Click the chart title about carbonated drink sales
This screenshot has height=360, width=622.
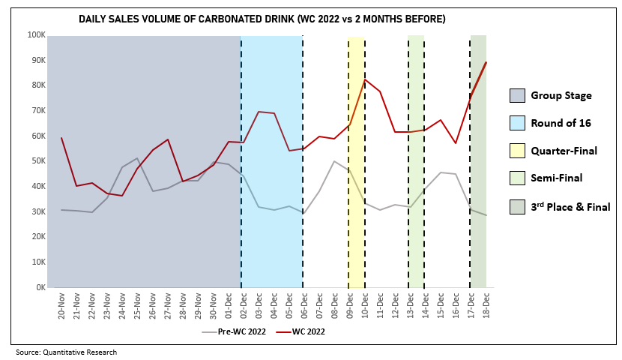click(262, 19)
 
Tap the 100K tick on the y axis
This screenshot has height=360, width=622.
click(36, 34)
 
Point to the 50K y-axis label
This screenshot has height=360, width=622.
click(37, 161)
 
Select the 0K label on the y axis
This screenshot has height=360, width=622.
click(39, 287)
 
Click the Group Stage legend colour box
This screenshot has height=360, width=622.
click(517, 95)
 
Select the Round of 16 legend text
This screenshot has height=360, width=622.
click(563, 123)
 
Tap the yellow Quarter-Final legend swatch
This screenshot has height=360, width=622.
click(517, 151)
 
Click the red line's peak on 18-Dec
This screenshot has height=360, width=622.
click(486, 62)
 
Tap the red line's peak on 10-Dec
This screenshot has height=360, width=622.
click(365, 79)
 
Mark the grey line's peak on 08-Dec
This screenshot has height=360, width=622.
click(334, 161)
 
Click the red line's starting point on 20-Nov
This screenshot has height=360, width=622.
click(61, 138)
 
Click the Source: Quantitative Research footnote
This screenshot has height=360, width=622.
click(67, 352)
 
